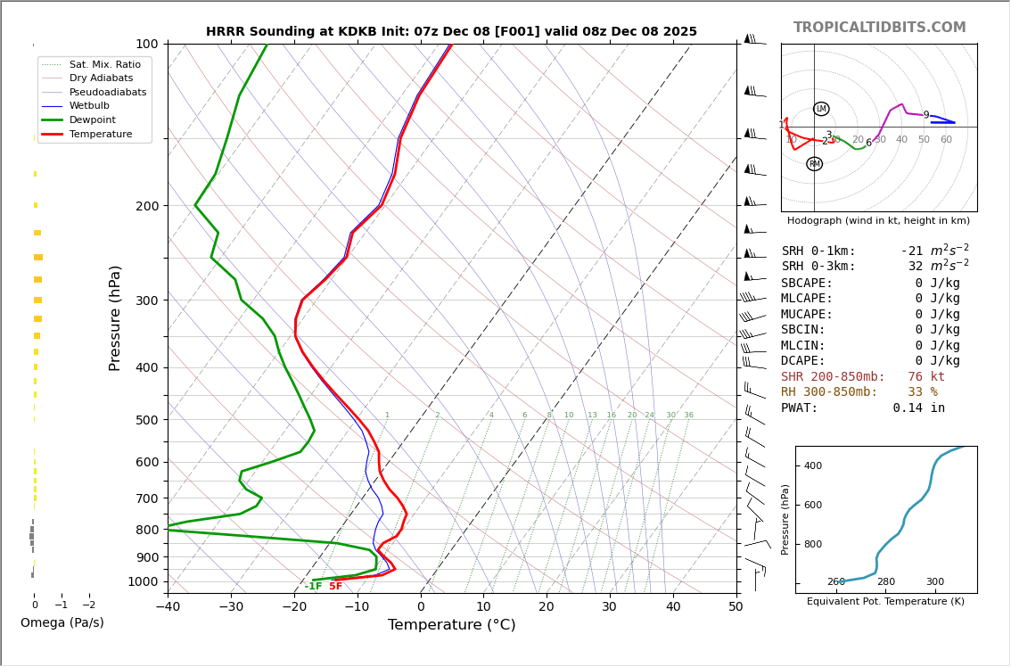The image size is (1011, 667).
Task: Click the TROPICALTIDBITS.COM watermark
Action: [x=879, y=28]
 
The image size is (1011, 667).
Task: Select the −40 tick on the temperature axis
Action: [x=168, y=607]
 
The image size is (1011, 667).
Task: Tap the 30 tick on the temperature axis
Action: [x=609, y=607]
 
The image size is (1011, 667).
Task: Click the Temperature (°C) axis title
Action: [x=451, y=625]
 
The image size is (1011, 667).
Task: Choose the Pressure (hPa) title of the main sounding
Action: [x=115, y=317]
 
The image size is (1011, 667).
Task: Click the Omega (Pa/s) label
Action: [x=62, y=622]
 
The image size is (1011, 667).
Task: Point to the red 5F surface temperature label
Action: [x=335, y=586]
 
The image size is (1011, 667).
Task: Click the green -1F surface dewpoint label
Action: [x=313, y=586]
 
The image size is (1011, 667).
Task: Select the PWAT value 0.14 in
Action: [x=918, y=408]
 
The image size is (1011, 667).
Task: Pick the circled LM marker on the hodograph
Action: [x=821, y=109]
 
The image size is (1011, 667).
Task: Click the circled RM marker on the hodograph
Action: [x=814, y=164]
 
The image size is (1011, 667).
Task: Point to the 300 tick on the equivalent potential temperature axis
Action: [x=934, y=582]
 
